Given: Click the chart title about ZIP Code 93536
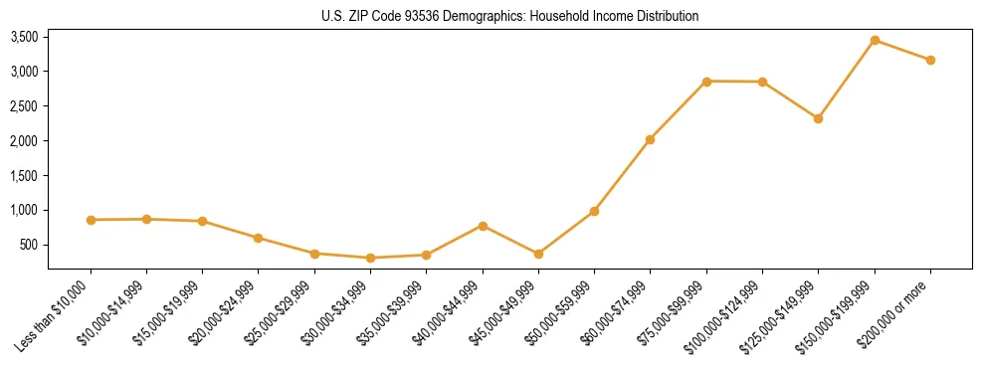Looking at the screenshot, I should (508, 17).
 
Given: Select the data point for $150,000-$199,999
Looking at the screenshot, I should (875, 41).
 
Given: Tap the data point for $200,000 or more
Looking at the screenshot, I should (930, 60).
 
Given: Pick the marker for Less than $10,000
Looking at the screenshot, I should (91, 220).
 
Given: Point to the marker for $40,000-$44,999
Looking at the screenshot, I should (483, 226).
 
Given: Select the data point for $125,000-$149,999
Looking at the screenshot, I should (818, 118).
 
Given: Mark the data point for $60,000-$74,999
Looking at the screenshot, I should (650, 139).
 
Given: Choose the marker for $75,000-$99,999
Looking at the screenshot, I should (706, 82).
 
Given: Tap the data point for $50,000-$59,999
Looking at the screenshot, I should (594, 211).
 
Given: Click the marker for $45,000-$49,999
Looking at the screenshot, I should (538, 254).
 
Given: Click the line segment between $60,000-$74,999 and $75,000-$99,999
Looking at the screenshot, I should (679, 110).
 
